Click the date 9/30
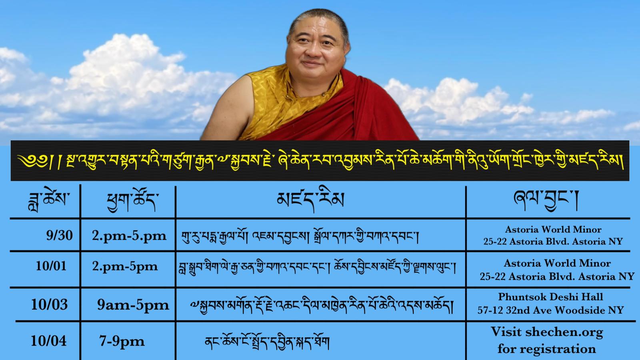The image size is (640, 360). pyautogui.click(x=60, y=236)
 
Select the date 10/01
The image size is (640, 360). pyautogui.click(x=51, y=266)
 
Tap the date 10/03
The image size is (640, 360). pyautogui.click(x=50, y=304)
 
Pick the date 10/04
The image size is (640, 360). pyautogui.click(x=48, y=341)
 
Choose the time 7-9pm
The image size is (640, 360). pyautogui.click(x=122, y=342)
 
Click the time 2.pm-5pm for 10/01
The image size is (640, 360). pyautogui.click(x=125, y=267)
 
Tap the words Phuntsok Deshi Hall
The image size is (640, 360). pyautogui.click(x=550, y=297)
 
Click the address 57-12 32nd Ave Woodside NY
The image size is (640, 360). pyautogui.click(x=550, y=310)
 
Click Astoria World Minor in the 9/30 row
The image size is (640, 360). pyautogui.click(x=553, y=230)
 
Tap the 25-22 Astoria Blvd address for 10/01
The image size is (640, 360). pyautogui.click(x=557, y=276)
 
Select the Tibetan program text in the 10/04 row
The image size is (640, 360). pyautogui.click(x=267, y=342)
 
